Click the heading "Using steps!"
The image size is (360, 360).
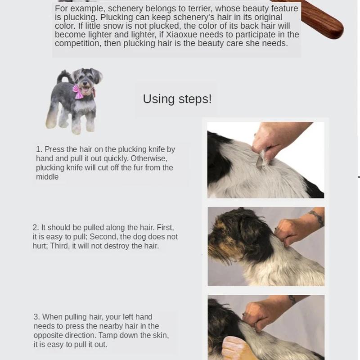coord(177,99)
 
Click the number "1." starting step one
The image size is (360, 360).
coord(39,149)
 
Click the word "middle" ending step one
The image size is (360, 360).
coord(47,177)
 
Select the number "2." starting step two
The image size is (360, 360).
coord(36,228)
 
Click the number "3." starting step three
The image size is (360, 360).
coord(36,317)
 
